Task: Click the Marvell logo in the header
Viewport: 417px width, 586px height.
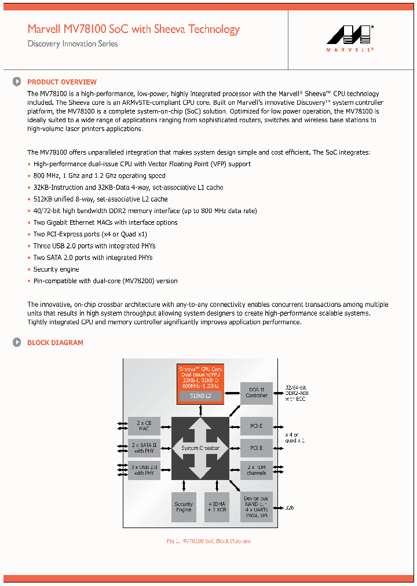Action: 350,39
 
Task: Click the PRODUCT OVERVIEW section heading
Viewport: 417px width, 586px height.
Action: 62,82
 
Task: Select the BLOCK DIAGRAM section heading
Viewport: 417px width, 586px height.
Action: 55,343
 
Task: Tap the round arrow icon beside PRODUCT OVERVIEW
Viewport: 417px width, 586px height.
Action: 17,82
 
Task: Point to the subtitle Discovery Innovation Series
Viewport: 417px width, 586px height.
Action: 72,44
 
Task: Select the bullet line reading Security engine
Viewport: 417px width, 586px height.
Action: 56,269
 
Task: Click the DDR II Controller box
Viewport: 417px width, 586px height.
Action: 257,393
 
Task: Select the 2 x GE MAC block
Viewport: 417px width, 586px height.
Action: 144,426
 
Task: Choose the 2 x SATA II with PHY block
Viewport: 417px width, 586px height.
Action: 144,448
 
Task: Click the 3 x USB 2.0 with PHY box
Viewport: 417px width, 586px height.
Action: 144,469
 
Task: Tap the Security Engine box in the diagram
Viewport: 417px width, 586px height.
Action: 184,507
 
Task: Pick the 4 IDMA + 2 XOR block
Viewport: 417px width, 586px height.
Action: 217,507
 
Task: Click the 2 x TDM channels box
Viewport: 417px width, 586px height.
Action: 257,470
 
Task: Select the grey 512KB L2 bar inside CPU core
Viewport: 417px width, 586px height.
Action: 199,396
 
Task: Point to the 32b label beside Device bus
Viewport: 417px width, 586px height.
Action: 290,507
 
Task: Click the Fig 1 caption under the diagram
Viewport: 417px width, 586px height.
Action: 209,541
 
